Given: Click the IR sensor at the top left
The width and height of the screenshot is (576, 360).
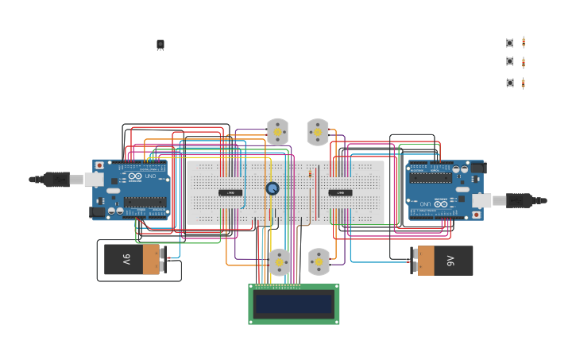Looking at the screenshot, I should click(160, 45).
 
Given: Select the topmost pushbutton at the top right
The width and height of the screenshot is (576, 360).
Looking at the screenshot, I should click(510, 43).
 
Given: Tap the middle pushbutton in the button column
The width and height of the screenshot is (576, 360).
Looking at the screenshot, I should click(510, 61).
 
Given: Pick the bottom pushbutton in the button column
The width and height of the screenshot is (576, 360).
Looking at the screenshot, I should click(510, 83).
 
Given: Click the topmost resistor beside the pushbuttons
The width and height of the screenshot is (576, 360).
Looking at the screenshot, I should click(524, 43).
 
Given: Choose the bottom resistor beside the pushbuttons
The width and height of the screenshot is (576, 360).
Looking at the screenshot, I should click(524, 83).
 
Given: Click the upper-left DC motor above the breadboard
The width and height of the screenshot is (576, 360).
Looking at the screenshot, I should click(277, 132).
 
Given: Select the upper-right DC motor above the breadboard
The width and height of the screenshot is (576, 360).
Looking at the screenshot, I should click(318, 132).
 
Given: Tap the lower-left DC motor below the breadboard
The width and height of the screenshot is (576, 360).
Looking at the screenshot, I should click(279, 262).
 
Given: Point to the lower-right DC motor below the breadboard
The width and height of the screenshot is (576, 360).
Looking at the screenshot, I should click(319, 261).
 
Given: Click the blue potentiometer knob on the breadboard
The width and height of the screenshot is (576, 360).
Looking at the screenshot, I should click(273, 188).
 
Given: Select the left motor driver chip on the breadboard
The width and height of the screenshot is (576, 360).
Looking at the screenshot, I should click(230, 192).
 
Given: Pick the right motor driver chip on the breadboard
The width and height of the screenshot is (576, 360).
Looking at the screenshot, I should click(340, 192).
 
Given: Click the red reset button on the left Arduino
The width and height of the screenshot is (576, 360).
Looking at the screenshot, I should click(99, 165).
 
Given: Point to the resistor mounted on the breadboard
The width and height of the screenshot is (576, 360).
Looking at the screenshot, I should click(310, 174).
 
